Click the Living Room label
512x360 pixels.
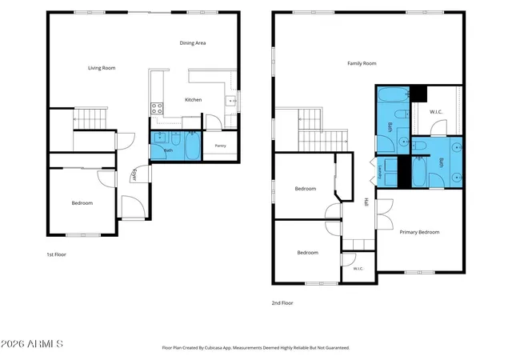102,68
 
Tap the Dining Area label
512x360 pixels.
193,42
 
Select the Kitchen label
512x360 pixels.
194,100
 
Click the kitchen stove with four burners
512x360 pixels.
157,109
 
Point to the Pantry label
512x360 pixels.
221,146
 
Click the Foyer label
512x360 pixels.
134,174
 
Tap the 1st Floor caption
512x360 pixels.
57,254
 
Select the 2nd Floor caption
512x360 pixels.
282,303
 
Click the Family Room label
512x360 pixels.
362,63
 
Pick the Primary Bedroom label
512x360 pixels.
419,232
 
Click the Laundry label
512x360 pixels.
380,172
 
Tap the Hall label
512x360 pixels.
366,202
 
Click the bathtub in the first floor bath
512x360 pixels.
192,146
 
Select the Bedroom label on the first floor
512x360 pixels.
82,203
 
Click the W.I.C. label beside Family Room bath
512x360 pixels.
436,112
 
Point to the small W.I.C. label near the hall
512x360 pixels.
358,269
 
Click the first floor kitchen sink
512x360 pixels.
231,101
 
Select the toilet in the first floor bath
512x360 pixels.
176,138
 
